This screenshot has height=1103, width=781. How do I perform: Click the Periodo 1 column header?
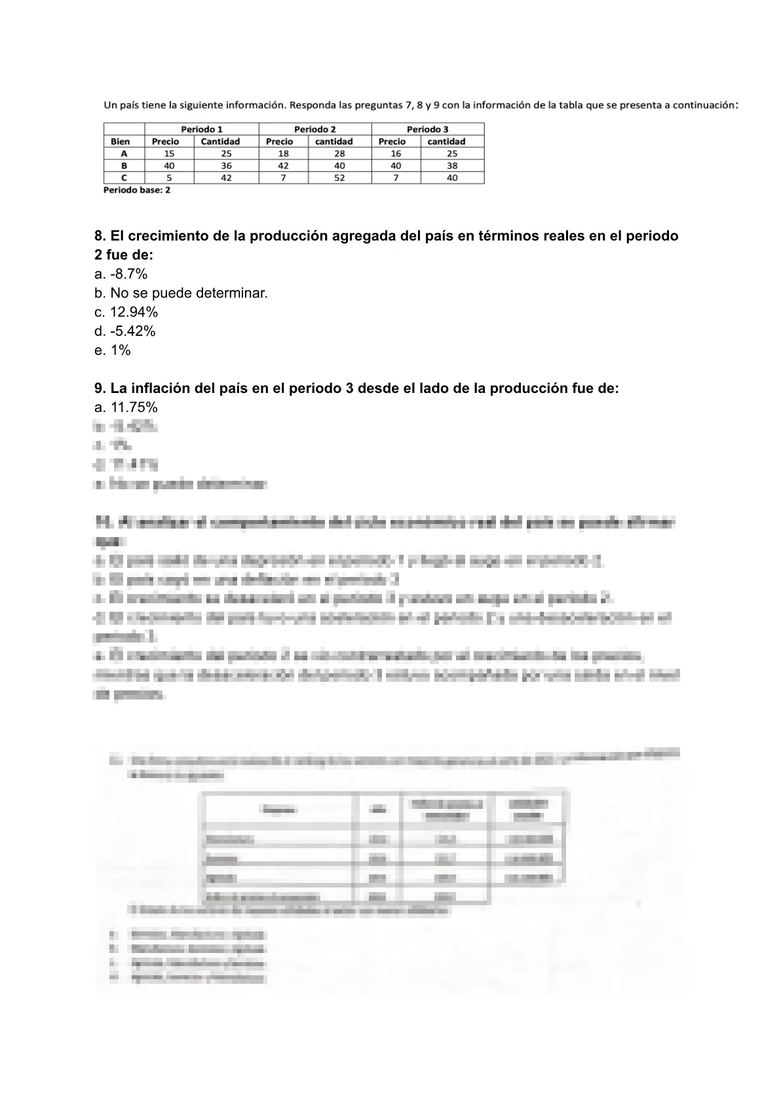(x=202, y=129)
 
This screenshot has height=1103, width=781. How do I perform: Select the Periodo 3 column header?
(x=427, y=129)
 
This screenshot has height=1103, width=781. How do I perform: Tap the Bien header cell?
(x=121, y=141)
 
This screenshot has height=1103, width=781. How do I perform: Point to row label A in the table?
(x=124, y=153)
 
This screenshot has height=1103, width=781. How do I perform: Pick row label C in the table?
(x=124, y=178)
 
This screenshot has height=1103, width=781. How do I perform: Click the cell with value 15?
(x=169, y=153)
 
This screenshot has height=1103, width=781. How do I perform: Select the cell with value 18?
(x=283, y=153)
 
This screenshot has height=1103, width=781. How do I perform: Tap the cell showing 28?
(x=339, y=153)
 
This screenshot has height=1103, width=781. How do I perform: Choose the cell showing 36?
(x=226, y=166)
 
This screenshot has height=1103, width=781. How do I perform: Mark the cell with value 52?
(x=339, y=178)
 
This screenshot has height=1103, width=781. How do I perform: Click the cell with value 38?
(x=452, y=166)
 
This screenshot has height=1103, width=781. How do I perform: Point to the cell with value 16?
(x=396, y=153)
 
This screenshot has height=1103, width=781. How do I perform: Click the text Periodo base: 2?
(x=137, y=190)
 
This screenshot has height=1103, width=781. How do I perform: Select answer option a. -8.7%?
(x=121, y=274)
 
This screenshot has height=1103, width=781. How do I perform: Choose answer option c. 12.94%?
(x=126, y=312)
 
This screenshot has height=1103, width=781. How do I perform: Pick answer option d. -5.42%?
(x=125, y=331)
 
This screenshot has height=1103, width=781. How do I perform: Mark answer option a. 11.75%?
(x=126, y=407)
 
